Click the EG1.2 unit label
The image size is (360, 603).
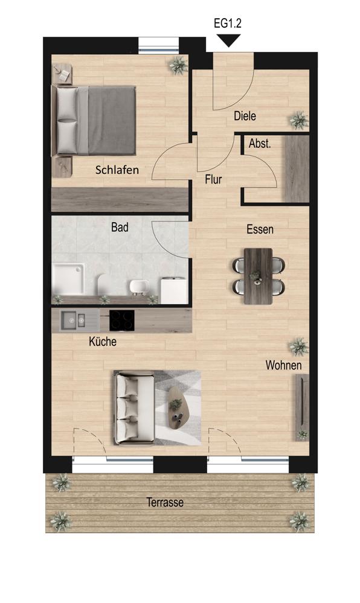coord(228,24)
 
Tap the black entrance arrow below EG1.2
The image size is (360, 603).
coord(228,40)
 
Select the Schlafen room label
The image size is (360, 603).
coord(117,170)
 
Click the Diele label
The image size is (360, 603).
coord(245,116)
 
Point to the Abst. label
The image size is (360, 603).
coord(260,144)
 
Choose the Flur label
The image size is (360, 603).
coord(213,179)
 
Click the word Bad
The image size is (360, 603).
coord(120,228)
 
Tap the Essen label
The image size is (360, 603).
coord(260,229)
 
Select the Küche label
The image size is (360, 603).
coord(103,341)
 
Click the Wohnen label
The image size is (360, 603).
coord(284,365)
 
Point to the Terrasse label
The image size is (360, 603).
coord(165,502)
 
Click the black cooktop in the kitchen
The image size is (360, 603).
coord(122,321)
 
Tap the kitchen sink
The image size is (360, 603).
coord(73,321)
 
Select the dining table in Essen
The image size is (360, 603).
coord(259,276)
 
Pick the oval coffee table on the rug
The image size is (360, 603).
coord(177,408)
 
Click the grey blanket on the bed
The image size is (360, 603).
coord(112,120)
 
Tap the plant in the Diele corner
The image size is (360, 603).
coord(299,120)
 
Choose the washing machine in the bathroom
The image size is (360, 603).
coord(174,291)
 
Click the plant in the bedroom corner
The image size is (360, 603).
coord(178,66)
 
